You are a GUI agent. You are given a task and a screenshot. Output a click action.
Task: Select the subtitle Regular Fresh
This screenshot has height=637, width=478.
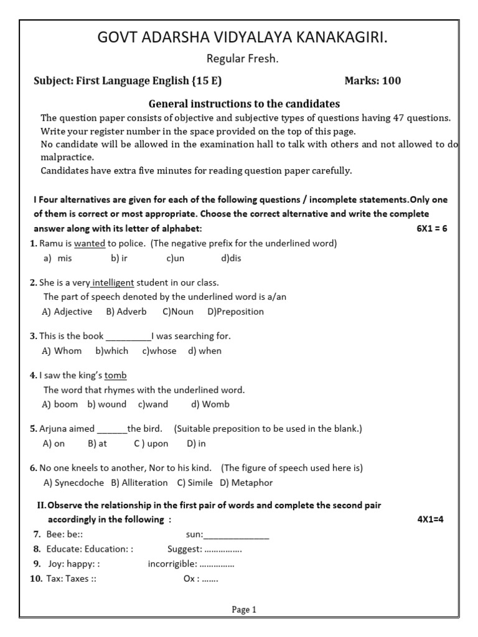[x=243, y=59]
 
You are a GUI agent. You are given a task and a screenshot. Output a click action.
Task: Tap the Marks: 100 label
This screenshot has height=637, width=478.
[x=373, y=80]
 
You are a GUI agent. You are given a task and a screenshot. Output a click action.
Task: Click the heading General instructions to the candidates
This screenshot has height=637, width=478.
[x=244, y=104]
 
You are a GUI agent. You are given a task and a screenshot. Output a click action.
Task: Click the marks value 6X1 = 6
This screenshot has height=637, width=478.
[x=432, y=228]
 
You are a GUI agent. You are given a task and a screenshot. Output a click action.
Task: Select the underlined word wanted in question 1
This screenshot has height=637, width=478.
[x=90, y=243]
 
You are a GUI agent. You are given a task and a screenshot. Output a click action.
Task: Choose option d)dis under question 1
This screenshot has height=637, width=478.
[x=231, y=258]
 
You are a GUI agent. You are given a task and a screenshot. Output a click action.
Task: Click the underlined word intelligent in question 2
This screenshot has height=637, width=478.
[x=113, y=282]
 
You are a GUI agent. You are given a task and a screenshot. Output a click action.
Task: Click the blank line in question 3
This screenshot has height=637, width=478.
[x=129, y=337]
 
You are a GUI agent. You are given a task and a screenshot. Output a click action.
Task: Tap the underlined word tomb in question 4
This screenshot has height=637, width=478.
[x=116, y=376]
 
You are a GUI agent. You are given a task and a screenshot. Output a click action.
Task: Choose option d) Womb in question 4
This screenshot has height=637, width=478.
[x=210, y=404]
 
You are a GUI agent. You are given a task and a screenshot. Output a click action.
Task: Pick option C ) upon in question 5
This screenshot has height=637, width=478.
[x=151, y=444]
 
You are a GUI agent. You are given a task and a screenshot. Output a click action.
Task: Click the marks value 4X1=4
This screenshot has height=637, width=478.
[x=429, y=519]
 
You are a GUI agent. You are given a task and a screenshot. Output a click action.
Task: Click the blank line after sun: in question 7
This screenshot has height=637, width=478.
[x=237, y=534]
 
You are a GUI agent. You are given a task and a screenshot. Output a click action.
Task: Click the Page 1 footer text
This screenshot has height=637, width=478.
[x=244, y=610]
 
